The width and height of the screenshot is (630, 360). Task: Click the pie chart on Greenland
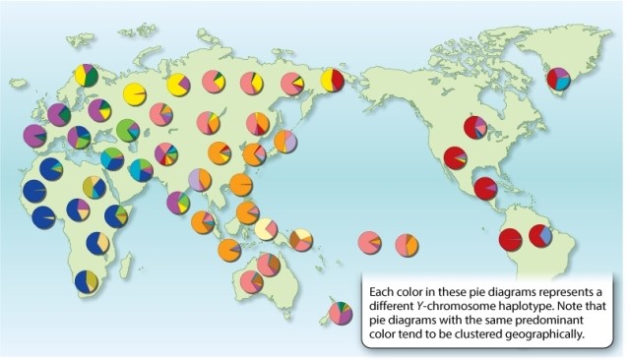[x=559, y=78]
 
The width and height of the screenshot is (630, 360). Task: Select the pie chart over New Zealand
[x=342, y=313]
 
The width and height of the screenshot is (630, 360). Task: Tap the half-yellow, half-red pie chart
[x=333, y=79]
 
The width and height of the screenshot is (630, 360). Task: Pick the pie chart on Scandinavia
[x=86, y=76]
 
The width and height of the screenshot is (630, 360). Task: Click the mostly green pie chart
[x=128, y=130]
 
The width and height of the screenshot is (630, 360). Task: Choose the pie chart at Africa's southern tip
[x=87, y=281]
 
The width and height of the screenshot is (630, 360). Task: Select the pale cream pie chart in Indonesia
[x=266, y=229]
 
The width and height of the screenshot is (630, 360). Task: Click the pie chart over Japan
[x=285, y=142]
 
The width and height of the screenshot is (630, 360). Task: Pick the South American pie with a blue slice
[x=540, y=236]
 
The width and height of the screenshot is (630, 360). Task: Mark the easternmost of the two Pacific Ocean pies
[x=406, y=243]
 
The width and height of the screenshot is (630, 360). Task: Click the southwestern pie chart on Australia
[x=251, y=282]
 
